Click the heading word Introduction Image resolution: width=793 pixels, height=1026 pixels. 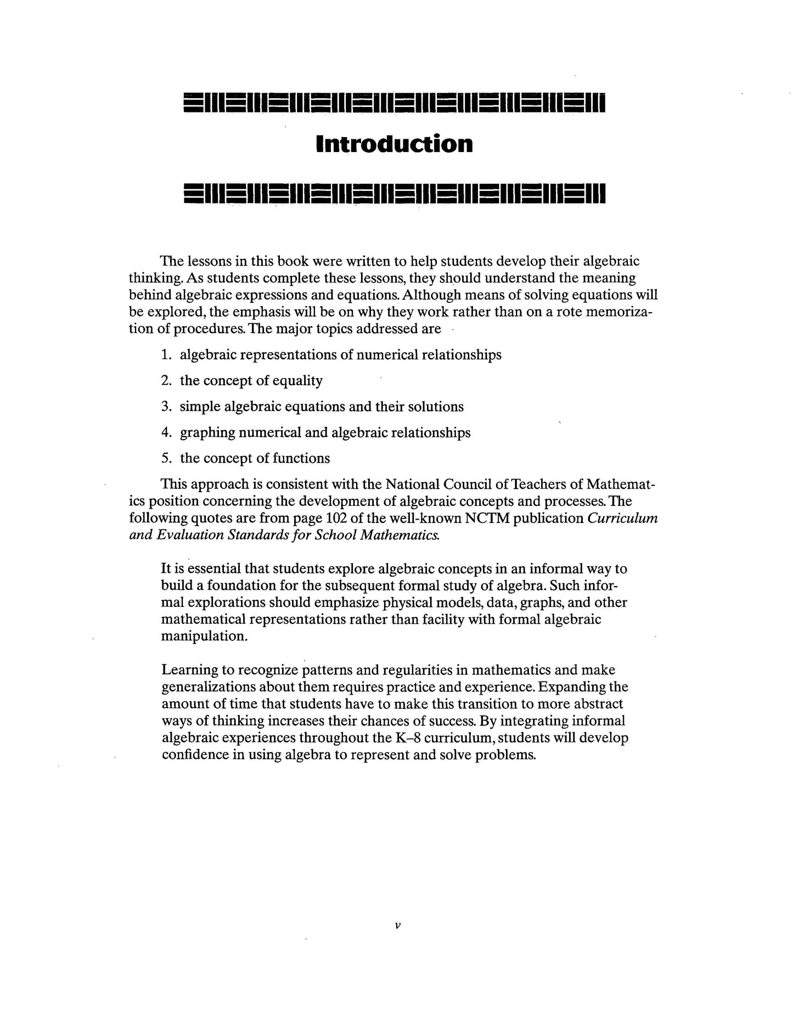pos(395,144)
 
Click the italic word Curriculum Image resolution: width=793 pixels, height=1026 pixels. pos(623,518)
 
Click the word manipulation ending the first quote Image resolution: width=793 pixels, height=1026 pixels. pos(205,636)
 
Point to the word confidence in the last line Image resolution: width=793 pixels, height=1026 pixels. pos(195,755)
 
